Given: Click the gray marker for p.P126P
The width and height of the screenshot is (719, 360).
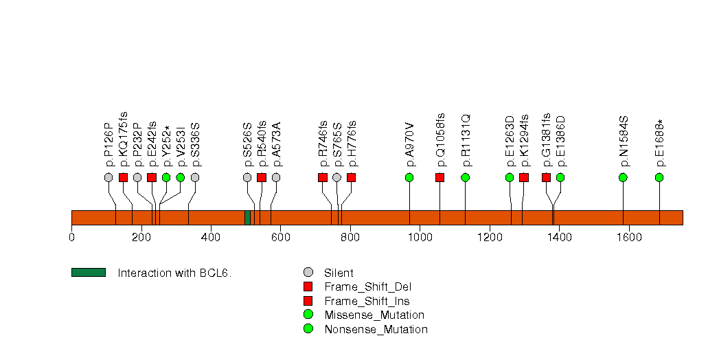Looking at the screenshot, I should coord(109,177).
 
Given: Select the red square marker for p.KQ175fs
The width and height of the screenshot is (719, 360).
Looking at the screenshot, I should coord(123,177).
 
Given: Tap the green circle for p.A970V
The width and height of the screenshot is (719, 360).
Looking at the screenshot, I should coord(409,177).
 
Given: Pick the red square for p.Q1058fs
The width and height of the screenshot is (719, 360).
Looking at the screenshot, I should coord(440,177).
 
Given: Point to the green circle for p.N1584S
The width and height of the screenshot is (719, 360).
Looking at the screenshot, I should coord(623,177).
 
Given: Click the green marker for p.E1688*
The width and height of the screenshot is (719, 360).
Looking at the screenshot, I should coord(659,177).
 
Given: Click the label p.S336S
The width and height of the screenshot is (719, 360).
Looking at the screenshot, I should coord(195,144).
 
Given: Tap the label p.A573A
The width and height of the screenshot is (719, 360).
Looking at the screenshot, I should coord(276,144).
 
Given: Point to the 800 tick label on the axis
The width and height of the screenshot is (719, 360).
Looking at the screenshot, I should coord(350,238).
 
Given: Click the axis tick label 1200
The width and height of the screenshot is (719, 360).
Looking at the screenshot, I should coord(489,238).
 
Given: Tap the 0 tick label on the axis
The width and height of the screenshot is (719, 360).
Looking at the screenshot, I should coord(71,238).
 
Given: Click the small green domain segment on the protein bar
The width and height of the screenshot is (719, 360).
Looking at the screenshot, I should coord(247,217).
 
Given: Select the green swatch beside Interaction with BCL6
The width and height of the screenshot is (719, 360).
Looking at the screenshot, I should coord(89,273).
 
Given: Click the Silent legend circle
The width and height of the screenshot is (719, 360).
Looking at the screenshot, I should coord(308,273).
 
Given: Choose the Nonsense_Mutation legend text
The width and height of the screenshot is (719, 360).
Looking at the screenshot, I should coord(376,329).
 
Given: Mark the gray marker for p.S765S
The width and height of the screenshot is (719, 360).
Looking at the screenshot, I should coord(336,177).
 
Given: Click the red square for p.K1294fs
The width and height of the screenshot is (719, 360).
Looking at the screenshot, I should coord(524,177).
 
